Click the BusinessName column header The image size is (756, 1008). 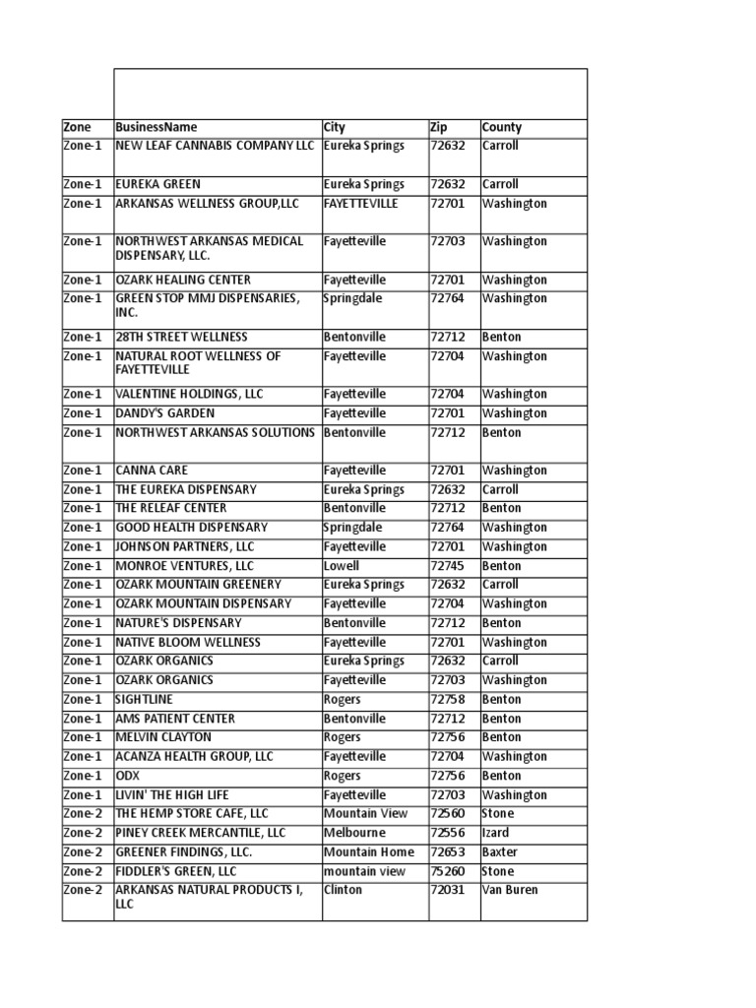157,127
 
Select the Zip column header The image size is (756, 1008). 439,127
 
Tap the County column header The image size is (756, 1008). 502,127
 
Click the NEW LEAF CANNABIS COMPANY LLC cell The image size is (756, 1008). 215,146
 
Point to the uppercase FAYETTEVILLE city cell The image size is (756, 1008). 361,204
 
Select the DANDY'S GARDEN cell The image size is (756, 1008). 164,413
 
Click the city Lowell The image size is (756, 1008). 342,566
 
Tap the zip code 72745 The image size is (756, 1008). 447,566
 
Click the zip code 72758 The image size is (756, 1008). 447,699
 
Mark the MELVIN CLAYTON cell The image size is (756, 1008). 163,737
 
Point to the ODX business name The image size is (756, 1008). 129,776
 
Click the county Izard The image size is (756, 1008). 497,833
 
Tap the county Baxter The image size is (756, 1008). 500,851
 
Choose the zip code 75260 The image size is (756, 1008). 447,871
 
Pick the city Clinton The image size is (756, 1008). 343,890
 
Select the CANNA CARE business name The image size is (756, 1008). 152,471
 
